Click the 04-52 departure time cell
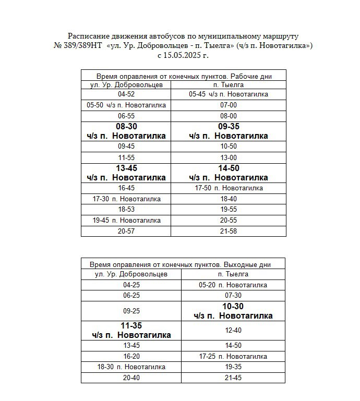click(126, 94)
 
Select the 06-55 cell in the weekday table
click(126, 116)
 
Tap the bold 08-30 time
click(126, 127)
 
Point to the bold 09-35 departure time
click(229, 127)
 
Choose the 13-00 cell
click(229, 157)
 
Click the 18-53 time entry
click(126, 209)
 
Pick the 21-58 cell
click(229, 231)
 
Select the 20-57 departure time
click(126, 231)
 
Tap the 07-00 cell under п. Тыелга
click(229, 105)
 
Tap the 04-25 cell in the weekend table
click(131, 285)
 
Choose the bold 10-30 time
click(233, 307)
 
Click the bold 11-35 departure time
click(131, 326)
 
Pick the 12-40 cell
click(233, 330)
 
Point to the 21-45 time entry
click(233, 378)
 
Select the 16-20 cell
click(131, 356)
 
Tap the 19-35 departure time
click(233, 367)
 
